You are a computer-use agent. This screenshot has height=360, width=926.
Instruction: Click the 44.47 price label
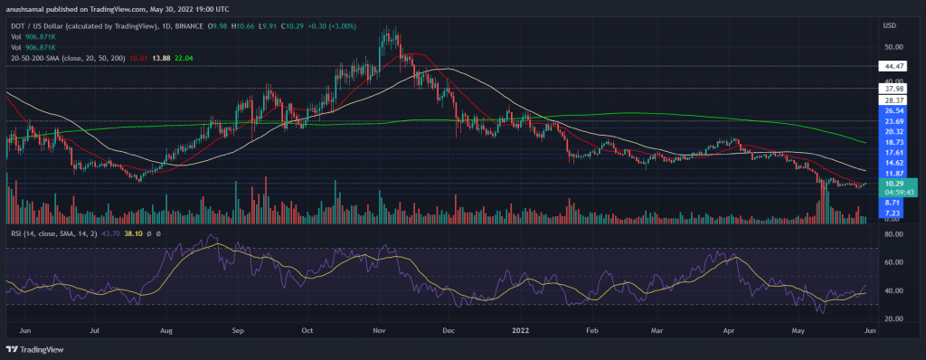point(895,65)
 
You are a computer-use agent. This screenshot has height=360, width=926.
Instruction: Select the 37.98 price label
point(895,90)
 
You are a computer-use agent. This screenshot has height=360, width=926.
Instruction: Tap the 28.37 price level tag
point(895,101)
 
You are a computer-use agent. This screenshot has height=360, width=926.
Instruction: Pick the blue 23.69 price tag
point(895,121)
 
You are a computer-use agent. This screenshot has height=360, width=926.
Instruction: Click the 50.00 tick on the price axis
point(893,47)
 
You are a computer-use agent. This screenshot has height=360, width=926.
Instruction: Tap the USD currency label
point(893,26)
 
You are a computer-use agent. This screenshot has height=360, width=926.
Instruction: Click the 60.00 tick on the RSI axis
point(893,262)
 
